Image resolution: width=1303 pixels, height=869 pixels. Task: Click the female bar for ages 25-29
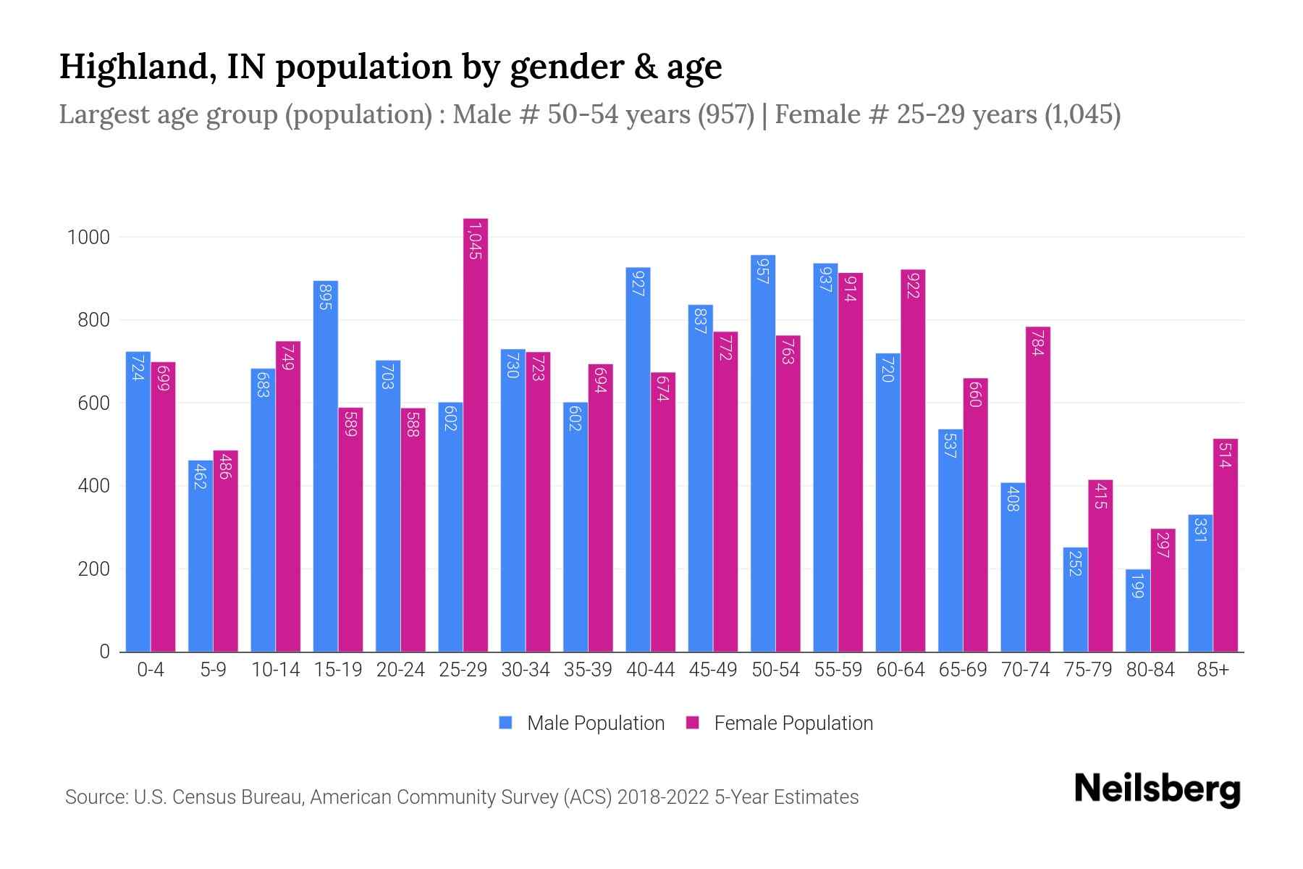(476, 434)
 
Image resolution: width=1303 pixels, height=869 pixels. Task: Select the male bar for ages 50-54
(763, 453)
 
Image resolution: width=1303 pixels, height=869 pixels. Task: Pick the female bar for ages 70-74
(1038, 490)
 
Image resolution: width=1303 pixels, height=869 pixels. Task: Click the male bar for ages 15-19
(326, 466)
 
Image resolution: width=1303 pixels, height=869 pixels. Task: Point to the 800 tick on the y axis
(93, 320)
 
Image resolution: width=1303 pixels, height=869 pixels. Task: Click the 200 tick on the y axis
(93, 569)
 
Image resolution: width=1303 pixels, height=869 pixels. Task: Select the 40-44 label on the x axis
(650, 670)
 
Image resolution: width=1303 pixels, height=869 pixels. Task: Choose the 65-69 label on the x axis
(963, 670)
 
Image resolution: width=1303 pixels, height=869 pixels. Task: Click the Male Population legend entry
(595, 723)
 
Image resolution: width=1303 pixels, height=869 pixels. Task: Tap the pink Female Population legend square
(693, 723)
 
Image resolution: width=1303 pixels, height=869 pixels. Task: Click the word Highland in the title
(131, 67)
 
